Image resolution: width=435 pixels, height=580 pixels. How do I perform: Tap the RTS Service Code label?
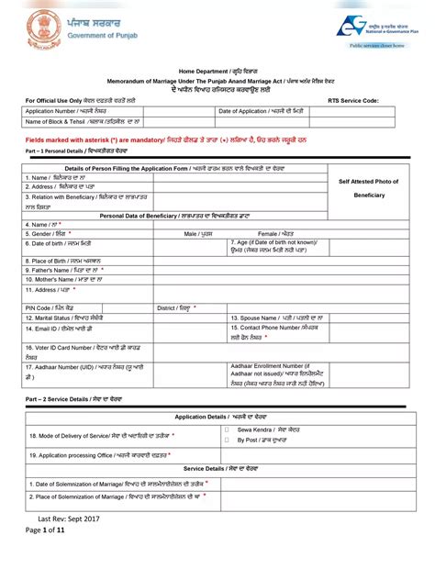pos(353,99)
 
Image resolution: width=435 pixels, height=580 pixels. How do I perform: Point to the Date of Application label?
pos(261,110)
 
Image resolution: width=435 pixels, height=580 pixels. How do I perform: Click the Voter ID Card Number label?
pos(78,351)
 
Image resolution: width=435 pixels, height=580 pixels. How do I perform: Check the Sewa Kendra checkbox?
pos(226,429)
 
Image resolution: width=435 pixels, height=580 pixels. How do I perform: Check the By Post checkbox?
pos(226,439)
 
